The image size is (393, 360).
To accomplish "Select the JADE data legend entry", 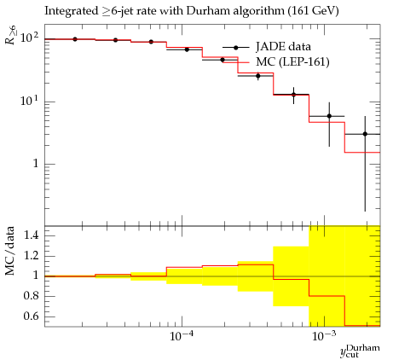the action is [267, 47].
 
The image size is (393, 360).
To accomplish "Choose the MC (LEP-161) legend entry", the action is [275, 61].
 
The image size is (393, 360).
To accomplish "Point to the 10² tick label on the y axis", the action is [30, 38].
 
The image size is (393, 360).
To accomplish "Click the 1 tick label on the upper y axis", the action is [35, 164].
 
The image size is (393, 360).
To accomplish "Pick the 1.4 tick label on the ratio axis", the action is [31, 235].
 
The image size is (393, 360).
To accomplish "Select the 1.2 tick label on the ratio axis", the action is [31, 256].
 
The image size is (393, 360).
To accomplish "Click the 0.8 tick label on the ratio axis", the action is [31, 296].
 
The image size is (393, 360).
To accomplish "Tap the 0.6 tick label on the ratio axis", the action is [31, 316].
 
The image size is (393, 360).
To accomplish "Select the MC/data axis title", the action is [9, 251].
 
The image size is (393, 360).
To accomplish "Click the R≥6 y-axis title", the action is [10, 34].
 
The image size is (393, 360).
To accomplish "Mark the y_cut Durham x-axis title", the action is [360, 351].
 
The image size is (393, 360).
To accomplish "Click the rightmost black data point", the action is [365, 134].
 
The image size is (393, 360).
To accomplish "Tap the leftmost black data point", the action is [75, 39].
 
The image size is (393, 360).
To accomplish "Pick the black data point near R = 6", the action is [329, 116].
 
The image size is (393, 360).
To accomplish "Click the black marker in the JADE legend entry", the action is [235, 48].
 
